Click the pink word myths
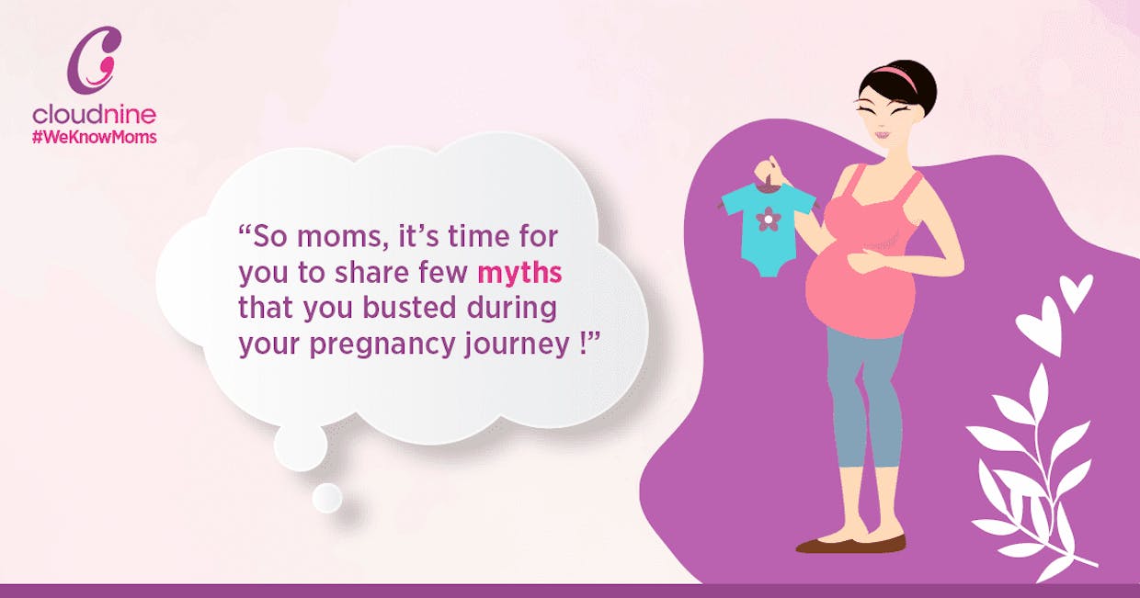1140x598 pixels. [519, 273]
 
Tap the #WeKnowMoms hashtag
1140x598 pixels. [94, 137]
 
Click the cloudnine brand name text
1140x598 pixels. [94, 114]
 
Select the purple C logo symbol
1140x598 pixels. [95, 60]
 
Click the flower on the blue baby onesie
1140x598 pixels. [769, 220]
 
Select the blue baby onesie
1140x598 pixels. [769, 230]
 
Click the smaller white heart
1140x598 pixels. [1076, 291]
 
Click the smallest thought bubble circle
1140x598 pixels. [326, 497]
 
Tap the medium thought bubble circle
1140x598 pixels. [301, 446]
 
